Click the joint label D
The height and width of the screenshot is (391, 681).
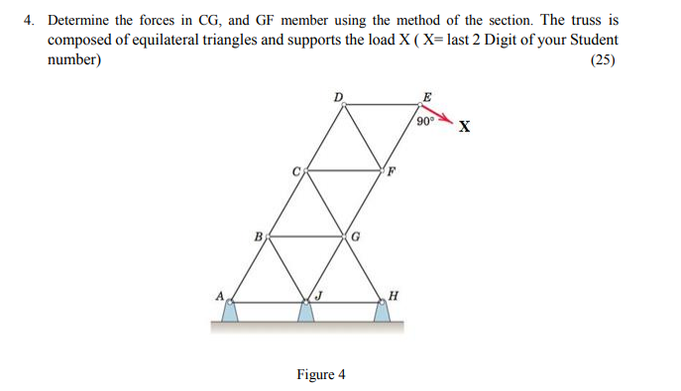pos(339,95)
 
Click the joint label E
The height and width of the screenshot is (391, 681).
pos(427,95)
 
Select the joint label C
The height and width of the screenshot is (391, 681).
pos(295,170)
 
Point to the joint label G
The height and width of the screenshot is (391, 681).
pos(355,237)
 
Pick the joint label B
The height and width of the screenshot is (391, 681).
pos(258,237)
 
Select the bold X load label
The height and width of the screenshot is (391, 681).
pos(464,127)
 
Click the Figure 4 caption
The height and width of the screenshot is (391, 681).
pos(321,374)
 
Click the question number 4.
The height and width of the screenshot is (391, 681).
pos(30,20)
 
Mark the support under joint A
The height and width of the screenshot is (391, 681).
pos(230,313)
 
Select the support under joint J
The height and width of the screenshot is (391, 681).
pos(307,313)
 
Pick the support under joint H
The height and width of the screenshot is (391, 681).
pos(382,313)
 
